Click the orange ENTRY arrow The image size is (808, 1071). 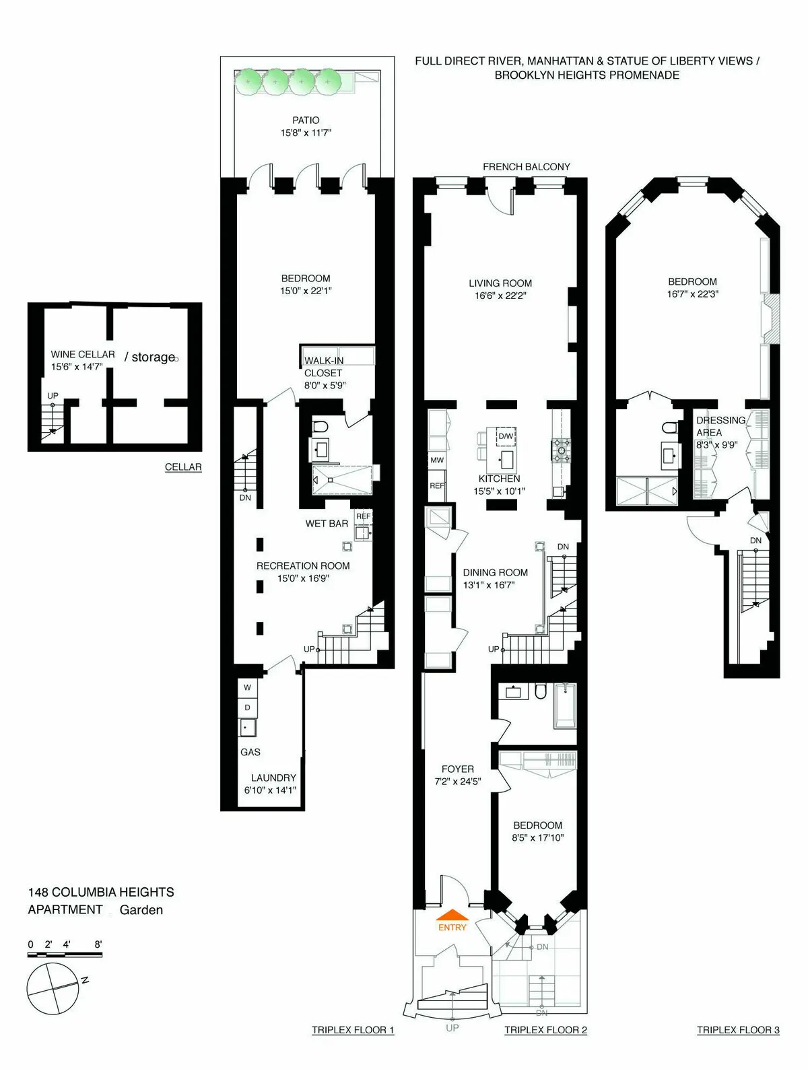(452, 915)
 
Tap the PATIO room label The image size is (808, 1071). (306, 120)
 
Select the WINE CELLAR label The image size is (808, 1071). (83, 354)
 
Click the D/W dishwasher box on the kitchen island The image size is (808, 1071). (506, 436)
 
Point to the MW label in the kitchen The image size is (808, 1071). (437, 460)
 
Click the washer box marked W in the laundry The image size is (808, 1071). (247, 687)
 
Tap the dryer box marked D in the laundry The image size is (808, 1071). (247, 707)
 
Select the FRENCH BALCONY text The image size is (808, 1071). (526, 166)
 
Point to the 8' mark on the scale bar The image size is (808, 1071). (98, 944)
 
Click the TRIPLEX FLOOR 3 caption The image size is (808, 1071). (738, 1030)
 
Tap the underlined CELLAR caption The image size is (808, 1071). (183, 467)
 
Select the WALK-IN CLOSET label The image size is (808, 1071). (323, 367)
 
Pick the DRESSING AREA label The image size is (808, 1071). (720, 426)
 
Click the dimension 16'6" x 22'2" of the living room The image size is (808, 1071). (500, 296)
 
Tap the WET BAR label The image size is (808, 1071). (327, 523)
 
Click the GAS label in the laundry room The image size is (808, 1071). (250, 752)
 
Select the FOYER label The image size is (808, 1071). (458, 769)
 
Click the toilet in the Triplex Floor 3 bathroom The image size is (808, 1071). (669, 427)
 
